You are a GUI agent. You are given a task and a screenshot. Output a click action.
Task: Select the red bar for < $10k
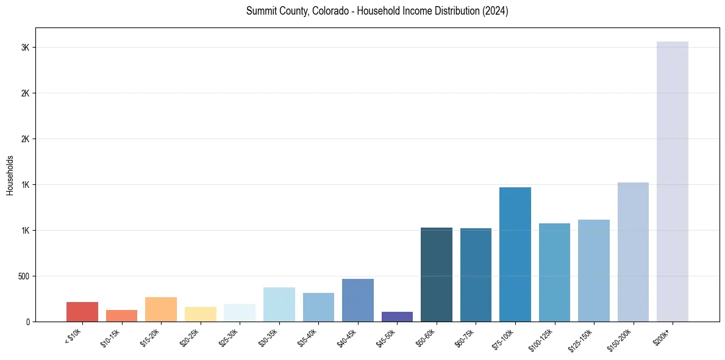tap(82, 312)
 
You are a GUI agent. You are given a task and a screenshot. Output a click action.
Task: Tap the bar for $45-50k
tap(397, 317)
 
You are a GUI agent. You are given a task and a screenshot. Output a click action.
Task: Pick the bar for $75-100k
tap(515, 254)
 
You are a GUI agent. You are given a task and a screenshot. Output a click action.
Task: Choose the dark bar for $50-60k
tap(437, 275)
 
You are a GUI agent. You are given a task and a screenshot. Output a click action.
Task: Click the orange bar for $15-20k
tap(161, 309)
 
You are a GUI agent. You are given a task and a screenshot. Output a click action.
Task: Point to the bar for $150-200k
tap(633, 252)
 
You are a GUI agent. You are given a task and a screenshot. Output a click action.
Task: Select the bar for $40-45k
tap(358, 300)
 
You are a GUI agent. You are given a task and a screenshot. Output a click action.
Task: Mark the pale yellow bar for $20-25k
tap(201, 314)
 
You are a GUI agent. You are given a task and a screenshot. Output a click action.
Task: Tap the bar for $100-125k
tap(554, 272)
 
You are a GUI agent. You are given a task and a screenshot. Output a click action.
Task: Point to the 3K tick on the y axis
tap(26, 48)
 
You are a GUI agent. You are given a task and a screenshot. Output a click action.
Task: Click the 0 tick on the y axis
tap(28, 322)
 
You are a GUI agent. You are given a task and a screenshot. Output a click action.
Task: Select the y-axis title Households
tap(10, 175)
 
